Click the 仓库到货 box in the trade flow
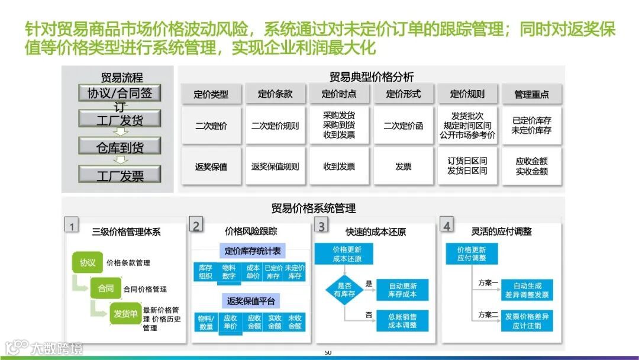[x=120, y=146]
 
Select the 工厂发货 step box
[x=120, y=120]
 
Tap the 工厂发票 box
[x=120, y=175]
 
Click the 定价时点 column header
[x=339, y=94]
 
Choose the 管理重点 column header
[x=531, y=94]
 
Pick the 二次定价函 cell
[x=403, y=126]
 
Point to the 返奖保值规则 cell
[x=275, y=166]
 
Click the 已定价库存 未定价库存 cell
[x=531, y=126]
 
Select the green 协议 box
[x=88, y=262]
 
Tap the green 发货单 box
[x=125, y=313]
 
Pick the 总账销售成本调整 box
[x=402, y=320]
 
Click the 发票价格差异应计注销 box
[x=527, y=320]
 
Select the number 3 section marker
[x=322, y=226]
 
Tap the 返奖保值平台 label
[x=251, y=301]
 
